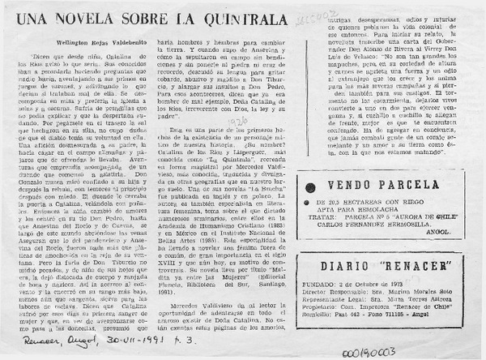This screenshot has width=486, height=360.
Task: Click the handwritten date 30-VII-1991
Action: pos(113,343)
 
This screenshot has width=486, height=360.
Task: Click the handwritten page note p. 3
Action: pos(162,343)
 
